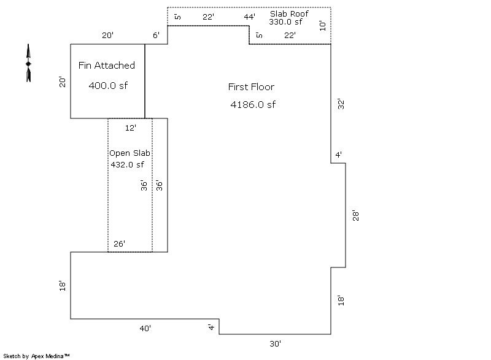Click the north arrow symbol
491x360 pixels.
tap(28, 63)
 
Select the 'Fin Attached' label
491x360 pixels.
tap(107, 66)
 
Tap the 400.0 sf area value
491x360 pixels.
tap(108, 86)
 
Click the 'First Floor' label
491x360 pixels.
tap(251, 87)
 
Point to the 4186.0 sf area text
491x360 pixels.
tap(253, 105)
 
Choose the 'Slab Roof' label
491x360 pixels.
tap(290, 13)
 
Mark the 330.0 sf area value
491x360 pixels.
tap(286, 22)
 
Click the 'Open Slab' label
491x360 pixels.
tap(130, 153)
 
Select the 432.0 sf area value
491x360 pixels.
tap(127, 164)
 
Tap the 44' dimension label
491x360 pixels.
tap(249, 17)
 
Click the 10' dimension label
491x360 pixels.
tap(323, 25)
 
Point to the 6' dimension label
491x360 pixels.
tap(157, 36)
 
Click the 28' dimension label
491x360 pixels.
tap(355, 215)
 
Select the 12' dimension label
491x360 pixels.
tap(130, 128)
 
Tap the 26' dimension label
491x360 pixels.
tap(120, 244)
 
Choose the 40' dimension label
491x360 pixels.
tap(145, 329)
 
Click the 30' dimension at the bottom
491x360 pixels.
tap(276, 344)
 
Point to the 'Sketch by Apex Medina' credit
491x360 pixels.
tap(36, 356)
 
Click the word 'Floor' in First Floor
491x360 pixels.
tap(262, 87)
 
